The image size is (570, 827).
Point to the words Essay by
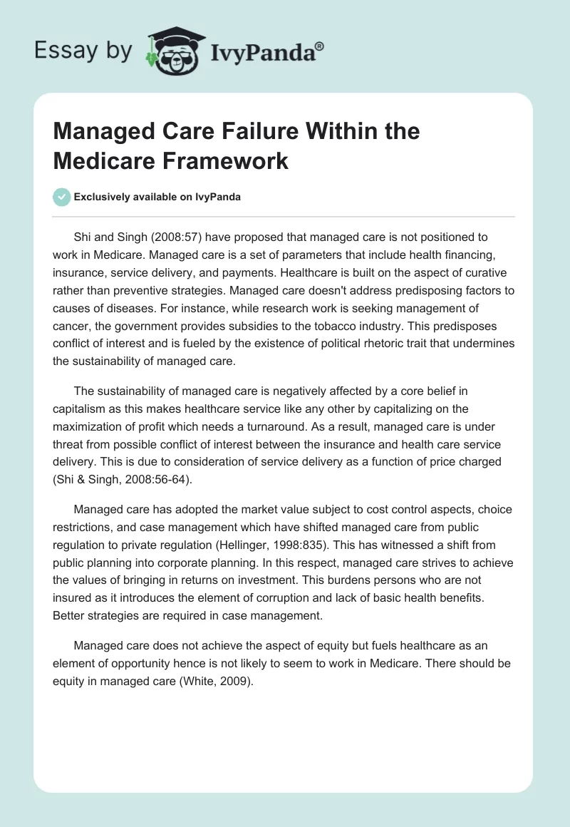[x=83, y=51]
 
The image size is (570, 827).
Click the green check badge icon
[x=61, y=197]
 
